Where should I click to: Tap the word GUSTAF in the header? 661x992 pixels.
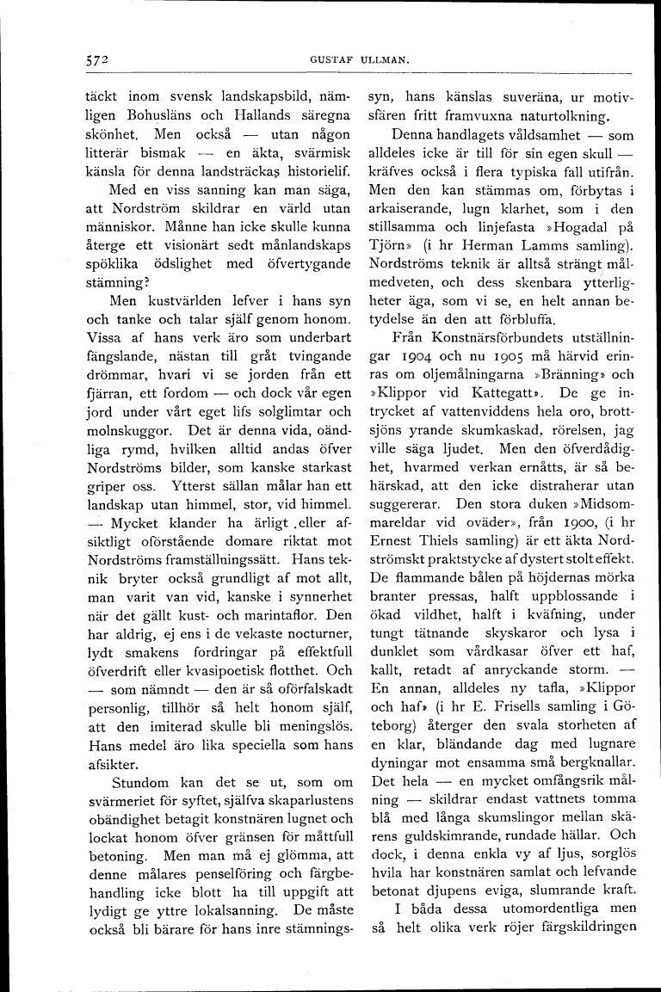click(x=330, y=61)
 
